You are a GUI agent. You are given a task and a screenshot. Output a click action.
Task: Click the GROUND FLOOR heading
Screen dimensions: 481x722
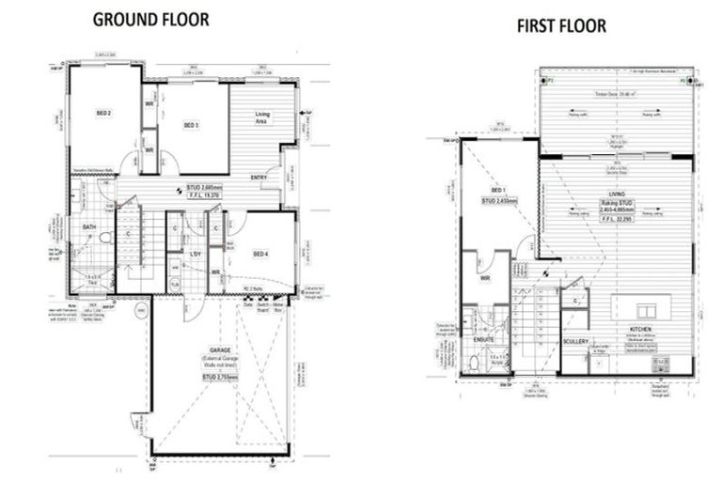pyautogui.click(x=150, y=19)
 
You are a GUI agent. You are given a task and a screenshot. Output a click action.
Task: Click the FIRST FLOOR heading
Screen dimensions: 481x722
pyautogui.click(x=561, y=25)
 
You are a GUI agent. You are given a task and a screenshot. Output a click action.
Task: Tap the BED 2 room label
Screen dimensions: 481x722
pyautogui.click(x=103, y=113)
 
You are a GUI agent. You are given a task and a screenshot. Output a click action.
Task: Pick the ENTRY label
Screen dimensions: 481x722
pyautogui.click(x=259, y=177)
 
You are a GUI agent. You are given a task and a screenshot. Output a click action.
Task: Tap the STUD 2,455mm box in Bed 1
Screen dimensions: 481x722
pyautogui.click(x=499, y=201)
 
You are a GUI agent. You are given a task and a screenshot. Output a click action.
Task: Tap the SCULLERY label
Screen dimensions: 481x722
pyautogui.click(x=574, y=341)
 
